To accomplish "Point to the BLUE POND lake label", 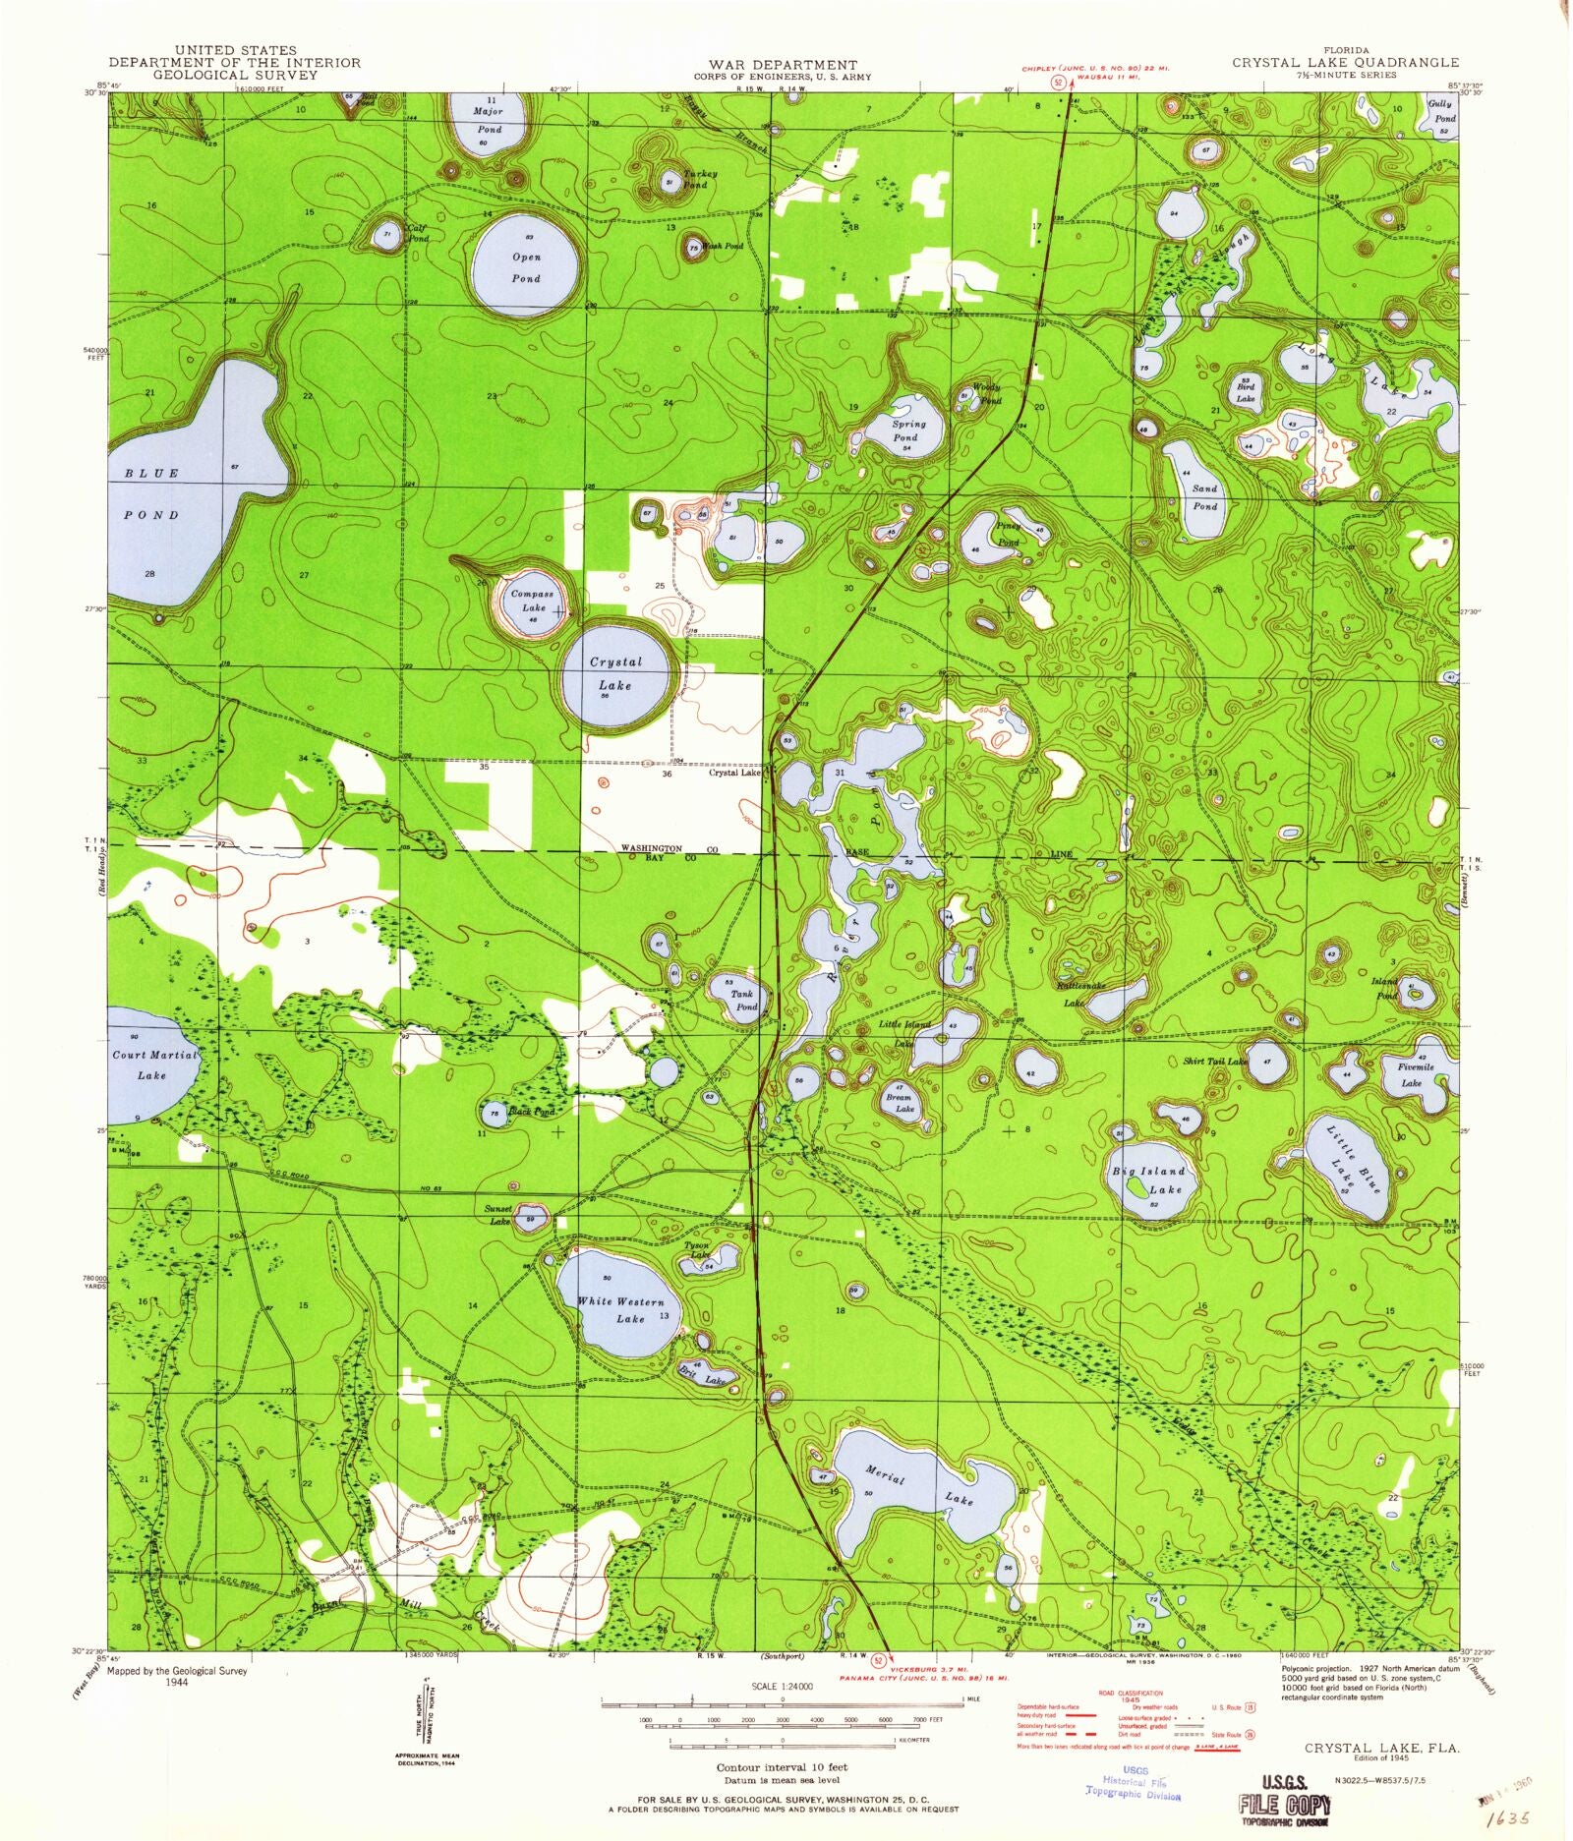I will click(x=152, y=493).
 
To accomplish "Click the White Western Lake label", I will click(x=621, y=1309).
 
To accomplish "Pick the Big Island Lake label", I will click(x=1148, y=1180).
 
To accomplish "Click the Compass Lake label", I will click(x=532, y=601).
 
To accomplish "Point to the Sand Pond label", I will click(x=1205, y=497).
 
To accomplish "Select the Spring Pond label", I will click(x=906, y=431).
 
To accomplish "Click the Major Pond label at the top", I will click(x=489, y=119).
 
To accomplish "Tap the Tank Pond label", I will click(x=743, y=1001).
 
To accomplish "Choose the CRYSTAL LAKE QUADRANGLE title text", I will click(x=1346, y=62).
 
